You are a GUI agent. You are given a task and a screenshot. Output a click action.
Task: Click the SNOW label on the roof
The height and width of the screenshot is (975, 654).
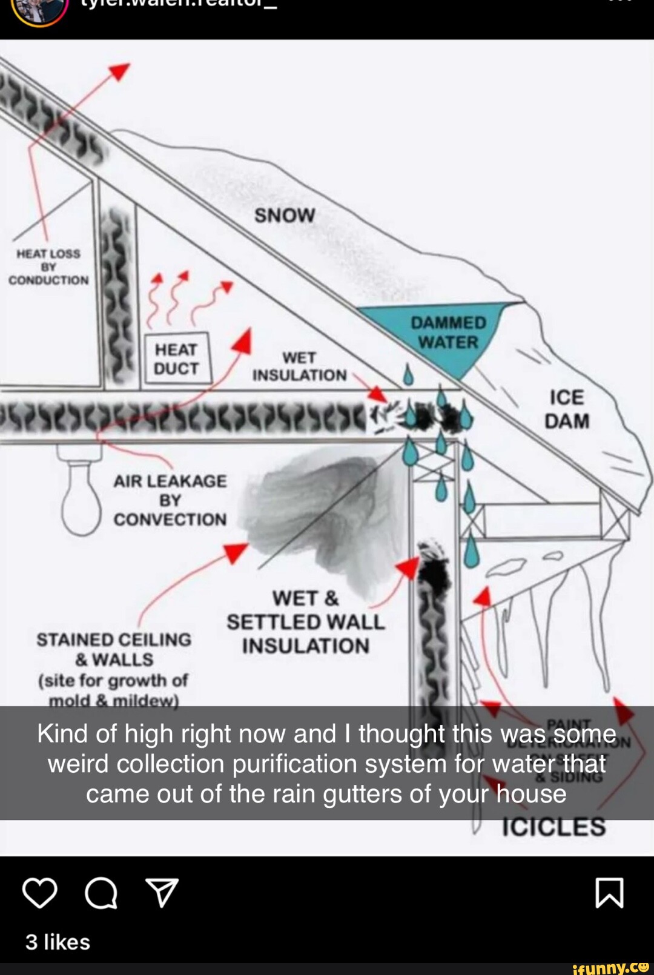click(x=285, y=216)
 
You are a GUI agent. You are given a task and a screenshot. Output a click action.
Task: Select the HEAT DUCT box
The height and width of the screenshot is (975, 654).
click(x=176, y=359)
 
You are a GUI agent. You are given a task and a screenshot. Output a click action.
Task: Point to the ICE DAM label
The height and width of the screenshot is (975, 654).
click(x=567, y=409)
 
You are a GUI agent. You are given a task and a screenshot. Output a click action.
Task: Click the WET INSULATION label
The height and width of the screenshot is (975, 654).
click(x=299, y=366)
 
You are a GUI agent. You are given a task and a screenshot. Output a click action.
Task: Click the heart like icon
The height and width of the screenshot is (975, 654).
click(x=40, y=893)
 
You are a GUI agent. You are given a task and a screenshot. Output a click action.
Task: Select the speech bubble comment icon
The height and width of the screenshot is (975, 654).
click(x=101, y=893)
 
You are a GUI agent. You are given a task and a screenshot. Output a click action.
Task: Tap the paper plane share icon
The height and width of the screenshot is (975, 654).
click(x=162, y=893)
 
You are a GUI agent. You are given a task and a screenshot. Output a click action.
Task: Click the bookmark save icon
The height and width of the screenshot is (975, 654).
click(x=609, y=893)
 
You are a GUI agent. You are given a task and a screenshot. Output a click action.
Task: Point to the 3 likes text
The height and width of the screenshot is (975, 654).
click(x=58, y=942)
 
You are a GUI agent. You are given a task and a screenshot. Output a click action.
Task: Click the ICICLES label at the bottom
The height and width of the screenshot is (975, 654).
click(x=553, y=827)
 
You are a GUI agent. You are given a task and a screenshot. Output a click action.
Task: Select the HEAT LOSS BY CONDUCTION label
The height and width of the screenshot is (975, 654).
click(x=48, y=267)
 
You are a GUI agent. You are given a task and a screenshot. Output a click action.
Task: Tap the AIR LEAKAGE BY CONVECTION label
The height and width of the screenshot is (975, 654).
click(x=170, y=500)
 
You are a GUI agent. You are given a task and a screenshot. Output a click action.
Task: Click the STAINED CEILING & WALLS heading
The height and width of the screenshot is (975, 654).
click(x=114, y=649)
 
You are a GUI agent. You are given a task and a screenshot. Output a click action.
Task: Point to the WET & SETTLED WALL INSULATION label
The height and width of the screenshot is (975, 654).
click(x=305, y=622)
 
